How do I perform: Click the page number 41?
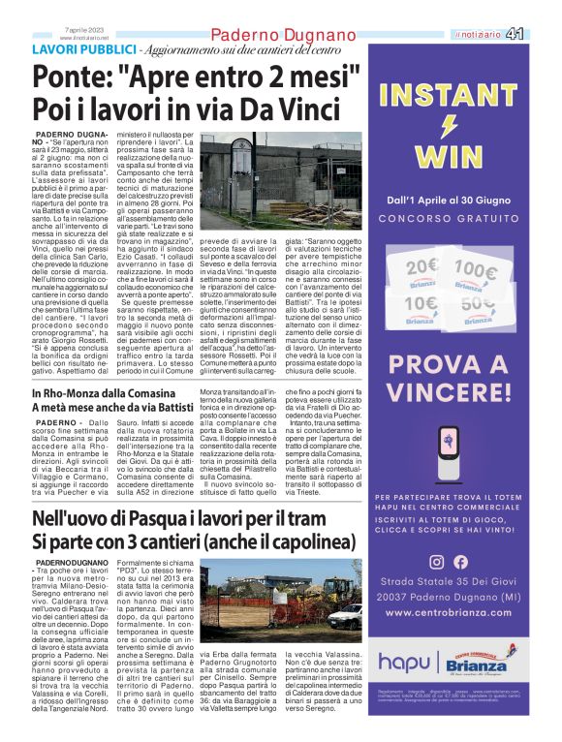(x=543, y=34)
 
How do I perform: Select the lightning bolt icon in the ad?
(x=449, y=127)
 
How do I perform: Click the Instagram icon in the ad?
(x=436, y=562)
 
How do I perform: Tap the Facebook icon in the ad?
(x=460, y=562)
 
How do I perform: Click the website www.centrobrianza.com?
(x=448, y=614)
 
